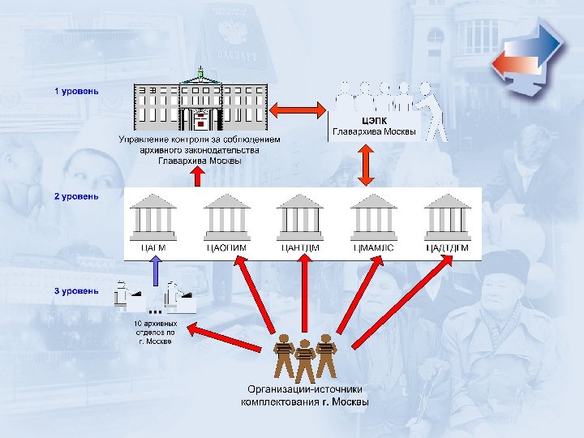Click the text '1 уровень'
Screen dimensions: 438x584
77,91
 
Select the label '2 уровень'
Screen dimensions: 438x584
77,196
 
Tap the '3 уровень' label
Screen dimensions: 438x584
77,290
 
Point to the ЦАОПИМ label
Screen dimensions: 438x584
228,247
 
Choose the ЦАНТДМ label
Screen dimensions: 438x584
301,247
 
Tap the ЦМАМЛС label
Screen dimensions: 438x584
373,247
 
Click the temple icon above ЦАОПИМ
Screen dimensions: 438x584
228,215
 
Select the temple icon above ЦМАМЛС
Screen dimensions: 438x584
373,215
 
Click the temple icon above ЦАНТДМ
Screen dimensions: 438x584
301,215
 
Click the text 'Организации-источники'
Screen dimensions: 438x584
305,389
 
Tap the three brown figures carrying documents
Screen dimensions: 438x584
304,356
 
